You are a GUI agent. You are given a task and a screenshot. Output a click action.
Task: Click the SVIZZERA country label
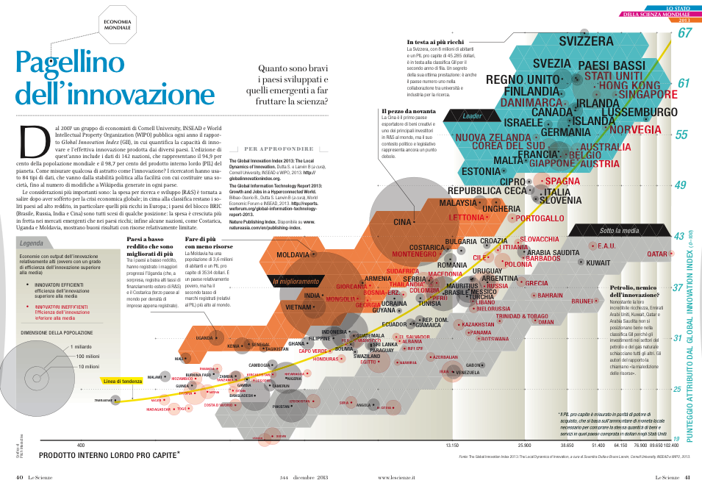[586, 41]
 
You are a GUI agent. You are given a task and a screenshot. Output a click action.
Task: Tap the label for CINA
[401, 221]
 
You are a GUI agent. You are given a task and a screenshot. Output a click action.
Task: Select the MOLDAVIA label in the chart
[293, 254]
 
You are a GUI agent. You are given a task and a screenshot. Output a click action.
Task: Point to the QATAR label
[656, 254]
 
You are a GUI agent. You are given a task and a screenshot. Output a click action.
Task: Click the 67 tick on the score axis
[685, 33]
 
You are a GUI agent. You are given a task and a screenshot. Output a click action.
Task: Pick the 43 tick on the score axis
[678, 236]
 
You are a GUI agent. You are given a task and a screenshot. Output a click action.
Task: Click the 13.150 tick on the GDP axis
[453, 446]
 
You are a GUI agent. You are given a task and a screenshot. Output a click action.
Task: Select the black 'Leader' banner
[471, 115]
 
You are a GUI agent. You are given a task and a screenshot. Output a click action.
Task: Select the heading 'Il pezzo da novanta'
[409, 111]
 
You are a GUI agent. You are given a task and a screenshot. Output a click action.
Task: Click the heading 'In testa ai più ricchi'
[435, 42]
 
